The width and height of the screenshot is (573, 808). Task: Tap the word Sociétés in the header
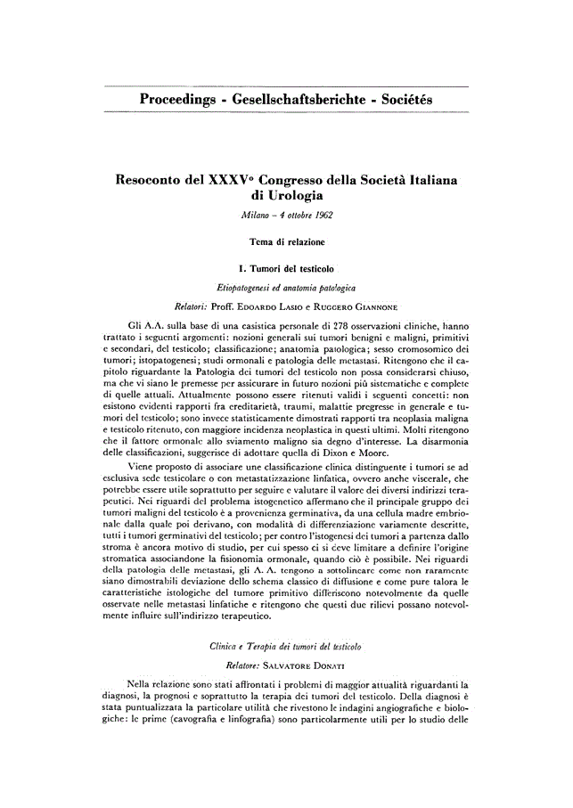[402, 99]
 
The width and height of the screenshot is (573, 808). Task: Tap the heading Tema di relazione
[286, 241]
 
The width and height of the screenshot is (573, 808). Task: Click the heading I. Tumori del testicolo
[286, 267]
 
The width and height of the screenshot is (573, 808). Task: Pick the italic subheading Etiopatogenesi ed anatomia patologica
[286, 287]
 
